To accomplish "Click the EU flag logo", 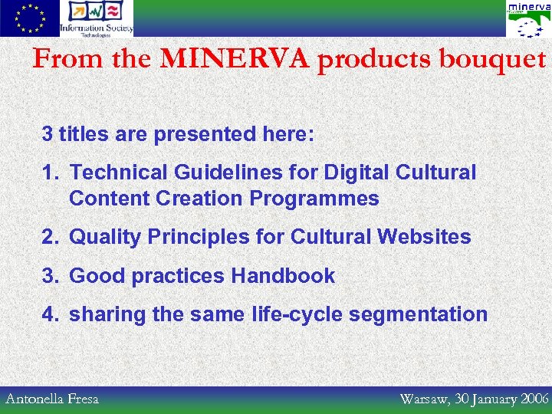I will [29, 18].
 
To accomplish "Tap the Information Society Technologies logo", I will [97, 18].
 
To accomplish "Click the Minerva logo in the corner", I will [528, 19].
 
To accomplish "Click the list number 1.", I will [48, 173].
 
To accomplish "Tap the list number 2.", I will [48, 237].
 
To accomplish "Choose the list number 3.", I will [48, 276].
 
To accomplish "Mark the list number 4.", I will [48, 315].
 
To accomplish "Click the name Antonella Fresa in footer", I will [52, 399].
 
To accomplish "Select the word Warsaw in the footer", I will [423, 399].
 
